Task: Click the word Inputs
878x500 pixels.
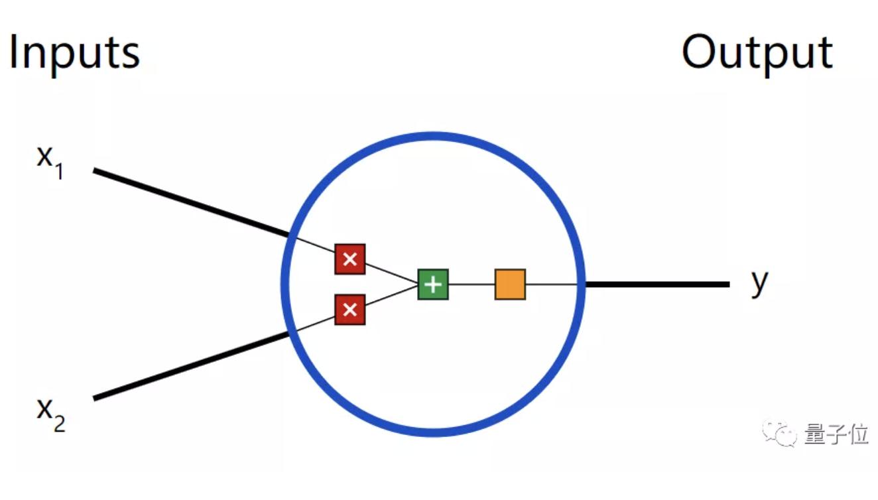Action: pyautogui.click(x=74, y=53)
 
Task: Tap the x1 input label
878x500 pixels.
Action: pyautogui.click(x=49, y=160)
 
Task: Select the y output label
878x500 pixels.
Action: pyautogui.click(x=759, y=283)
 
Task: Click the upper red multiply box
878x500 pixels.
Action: pyautogui.click(x=350, y=259)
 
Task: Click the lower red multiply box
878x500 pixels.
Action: pyautogui.click(x=350, y=309)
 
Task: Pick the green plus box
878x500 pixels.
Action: pyautogui.click(x=433, y=284)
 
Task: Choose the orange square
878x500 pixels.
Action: pyautogui.click(x=510, y=284)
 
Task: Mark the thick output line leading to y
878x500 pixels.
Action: pyautogui.click(x=657, y=284)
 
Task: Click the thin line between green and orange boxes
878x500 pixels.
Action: pyautogui.click(x=471, y=284)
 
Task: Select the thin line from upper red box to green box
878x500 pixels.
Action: pyautogui.click(x=391, y=272)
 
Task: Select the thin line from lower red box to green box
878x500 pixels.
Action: pyautogui.click(x=391, y=297)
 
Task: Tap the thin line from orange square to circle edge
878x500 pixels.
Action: pyautogui.click(x=553, y=284)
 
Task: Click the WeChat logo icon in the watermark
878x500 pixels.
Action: pyautogui.click(x=780, y=434)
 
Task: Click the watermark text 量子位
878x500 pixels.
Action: pyautogui.click(x=836, y=434)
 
